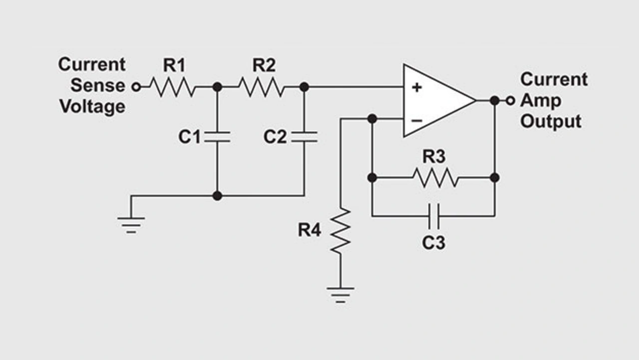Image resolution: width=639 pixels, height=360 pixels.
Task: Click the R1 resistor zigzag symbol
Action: [x=171, y=87]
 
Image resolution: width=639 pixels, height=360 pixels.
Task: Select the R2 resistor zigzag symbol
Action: [x=261, y=87]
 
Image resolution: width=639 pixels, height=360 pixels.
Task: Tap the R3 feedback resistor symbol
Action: [x=435, y=178]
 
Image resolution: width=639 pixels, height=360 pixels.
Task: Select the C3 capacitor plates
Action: [x=434, y=216]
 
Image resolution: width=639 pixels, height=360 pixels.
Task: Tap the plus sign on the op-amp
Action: [x=417, y=87]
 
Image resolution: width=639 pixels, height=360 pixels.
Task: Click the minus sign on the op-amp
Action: [x=417, y=120]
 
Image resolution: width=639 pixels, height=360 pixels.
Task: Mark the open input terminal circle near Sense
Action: [x=136, y=87]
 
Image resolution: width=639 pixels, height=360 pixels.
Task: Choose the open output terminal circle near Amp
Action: [x=510, y=100]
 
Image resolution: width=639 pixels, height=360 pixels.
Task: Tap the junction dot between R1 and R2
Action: [x=217, y=87]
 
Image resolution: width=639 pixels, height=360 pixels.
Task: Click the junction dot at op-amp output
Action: [x=494, y=100]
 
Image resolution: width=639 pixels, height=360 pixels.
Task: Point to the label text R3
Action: [x=434, y=157]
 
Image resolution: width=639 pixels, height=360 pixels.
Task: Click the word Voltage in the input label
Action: [x=92, y=106]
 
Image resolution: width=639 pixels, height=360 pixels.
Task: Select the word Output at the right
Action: [x=551, y=121]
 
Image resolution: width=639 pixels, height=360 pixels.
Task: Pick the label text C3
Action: [x=433, y=243]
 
